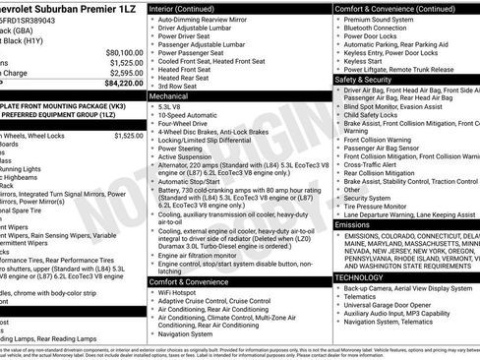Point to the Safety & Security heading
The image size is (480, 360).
tap(365, 79)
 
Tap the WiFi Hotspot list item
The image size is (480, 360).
tap(185, 292)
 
